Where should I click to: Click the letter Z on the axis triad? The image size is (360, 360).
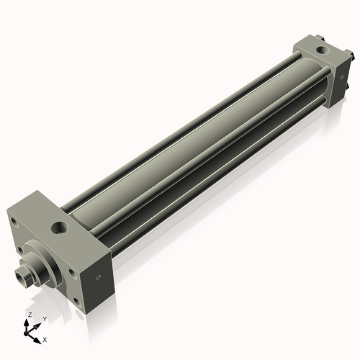click(x=29, y=315)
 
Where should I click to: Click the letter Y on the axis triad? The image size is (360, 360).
click(x=45, y=319)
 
